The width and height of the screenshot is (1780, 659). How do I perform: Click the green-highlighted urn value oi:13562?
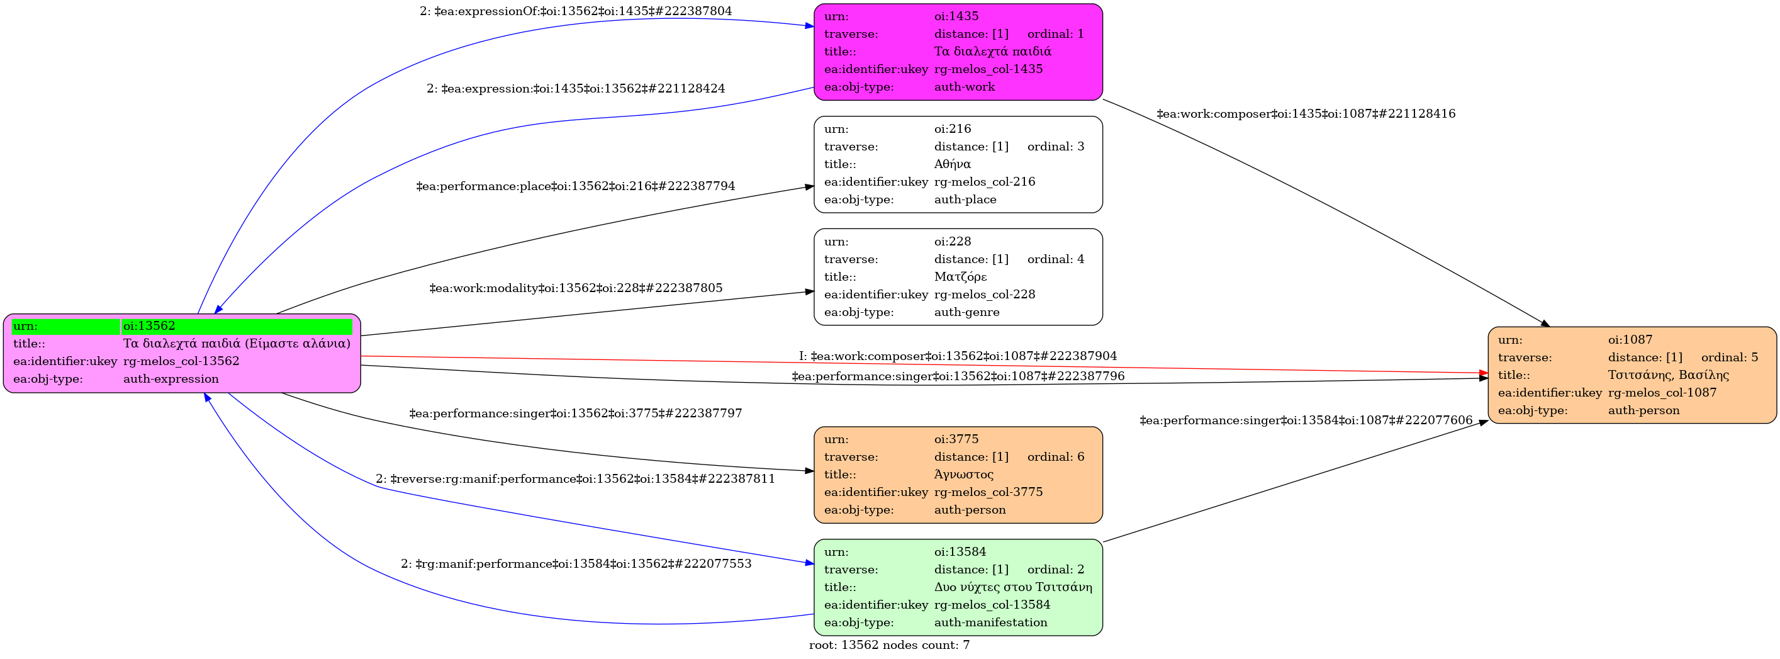149,325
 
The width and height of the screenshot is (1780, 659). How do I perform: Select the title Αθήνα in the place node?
952,164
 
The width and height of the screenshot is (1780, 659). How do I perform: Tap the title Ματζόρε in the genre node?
961,276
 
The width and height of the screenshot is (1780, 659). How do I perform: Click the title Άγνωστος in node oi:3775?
964,475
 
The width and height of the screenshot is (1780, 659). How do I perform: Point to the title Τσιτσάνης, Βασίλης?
1668,375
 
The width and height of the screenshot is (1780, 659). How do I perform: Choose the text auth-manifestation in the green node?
991,622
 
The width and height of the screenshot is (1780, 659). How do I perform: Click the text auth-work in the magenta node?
965,86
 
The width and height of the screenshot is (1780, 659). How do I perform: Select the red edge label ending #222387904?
958,356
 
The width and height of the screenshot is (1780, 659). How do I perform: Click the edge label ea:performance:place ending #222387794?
576,186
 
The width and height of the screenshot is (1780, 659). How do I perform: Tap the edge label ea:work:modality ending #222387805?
576,288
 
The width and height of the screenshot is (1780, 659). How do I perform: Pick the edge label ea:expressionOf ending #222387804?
576,11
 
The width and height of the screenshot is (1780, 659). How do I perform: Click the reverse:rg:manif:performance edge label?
576,478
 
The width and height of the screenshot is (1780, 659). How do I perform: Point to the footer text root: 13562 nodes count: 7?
889,645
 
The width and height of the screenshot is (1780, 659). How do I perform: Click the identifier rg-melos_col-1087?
1662,392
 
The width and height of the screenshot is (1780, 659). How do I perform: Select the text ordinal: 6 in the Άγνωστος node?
1056,456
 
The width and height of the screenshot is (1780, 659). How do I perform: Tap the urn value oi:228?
953,241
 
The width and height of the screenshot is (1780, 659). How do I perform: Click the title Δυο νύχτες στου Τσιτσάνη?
1013,587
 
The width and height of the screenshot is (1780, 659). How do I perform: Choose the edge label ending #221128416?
1306,113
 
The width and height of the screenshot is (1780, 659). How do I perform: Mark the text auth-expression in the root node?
171,378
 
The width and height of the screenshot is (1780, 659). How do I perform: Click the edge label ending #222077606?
1306,420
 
